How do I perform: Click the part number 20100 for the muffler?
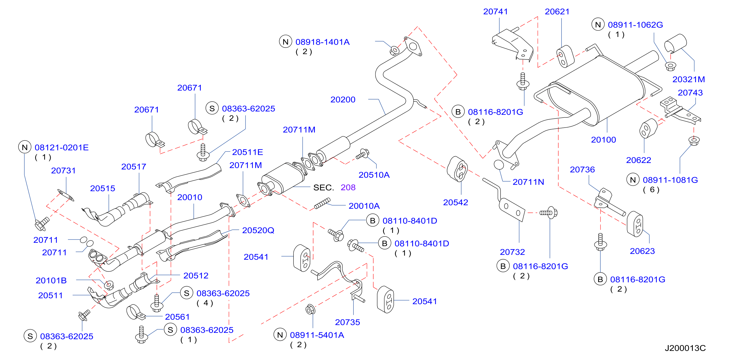pos(603,140)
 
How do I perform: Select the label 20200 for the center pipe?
pos(343,99)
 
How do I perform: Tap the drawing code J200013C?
pos(685,348)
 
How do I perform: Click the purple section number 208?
pos(348,187)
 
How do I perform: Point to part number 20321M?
pos(688,79)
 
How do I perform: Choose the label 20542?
pos(455,203)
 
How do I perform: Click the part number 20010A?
pos(364,206)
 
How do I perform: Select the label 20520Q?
pos(258,230)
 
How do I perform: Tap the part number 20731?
pos(63,171)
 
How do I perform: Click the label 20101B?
pos(51,280)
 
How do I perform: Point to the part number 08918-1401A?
pos(322,42)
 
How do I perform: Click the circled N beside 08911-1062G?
pos(598,25)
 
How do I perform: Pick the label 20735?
pos(347,322)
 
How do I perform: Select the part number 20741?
pos(495,11)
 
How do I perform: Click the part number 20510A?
pos(374,175)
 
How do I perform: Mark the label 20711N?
pos(528,182)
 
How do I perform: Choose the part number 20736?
pos(582,170)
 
